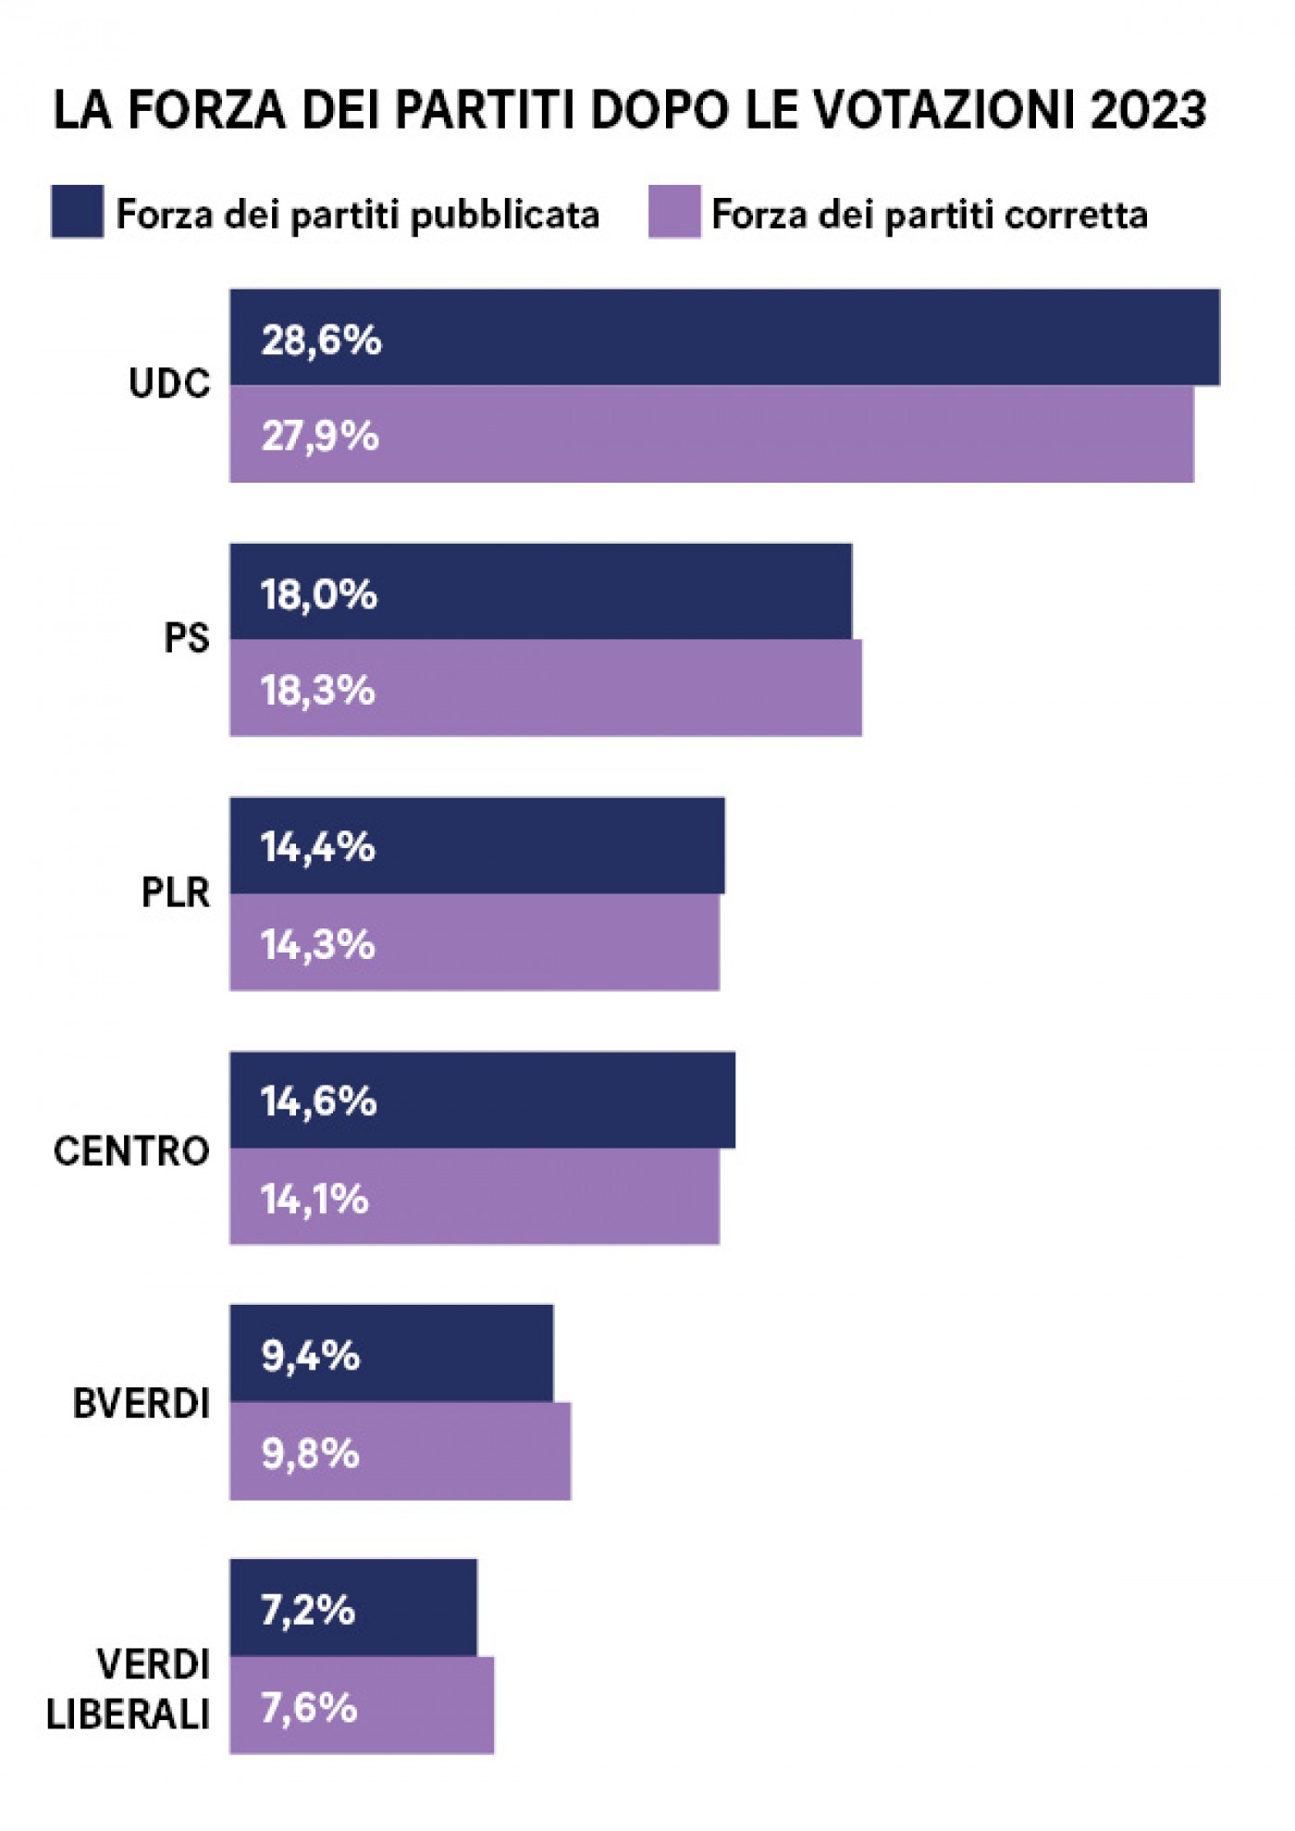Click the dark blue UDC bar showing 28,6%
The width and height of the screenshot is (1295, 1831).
(x=724, y=337)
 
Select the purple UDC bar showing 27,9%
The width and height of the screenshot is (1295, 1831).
(x=711, y=435)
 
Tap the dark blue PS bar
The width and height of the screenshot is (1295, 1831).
(x=540, y=591)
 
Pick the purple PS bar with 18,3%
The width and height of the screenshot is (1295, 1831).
(x=546, y=689)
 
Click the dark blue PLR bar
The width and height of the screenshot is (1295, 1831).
(x=477, y=845)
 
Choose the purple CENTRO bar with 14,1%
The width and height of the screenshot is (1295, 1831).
(x=475, y=1198)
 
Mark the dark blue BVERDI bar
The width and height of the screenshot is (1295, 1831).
(x=391, y=1354)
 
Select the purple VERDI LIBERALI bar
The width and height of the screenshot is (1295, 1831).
(x=362, y=1706)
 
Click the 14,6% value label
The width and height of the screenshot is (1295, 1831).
(x=318, y=1101)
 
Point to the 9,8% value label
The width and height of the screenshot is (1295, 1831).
(x=310, y=1453)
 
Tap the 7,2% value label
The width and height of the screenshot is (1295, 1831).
(x=308, y=1610)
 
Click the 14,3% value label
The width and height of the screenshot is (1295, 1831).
(x=317, y=944)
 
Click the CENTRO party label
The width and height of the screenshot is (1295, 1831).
(x=131, y=1151)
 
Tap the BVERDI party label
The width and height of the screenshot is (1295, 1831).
(x=141, y=1404)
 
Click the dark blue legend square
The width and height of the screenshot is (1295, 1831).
(x=77, y=212)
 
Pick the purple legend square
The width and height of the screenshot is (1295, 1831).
(x=674, y=212)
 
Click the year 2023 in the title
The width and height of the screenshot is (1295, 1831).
(x=1149, y=110)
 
